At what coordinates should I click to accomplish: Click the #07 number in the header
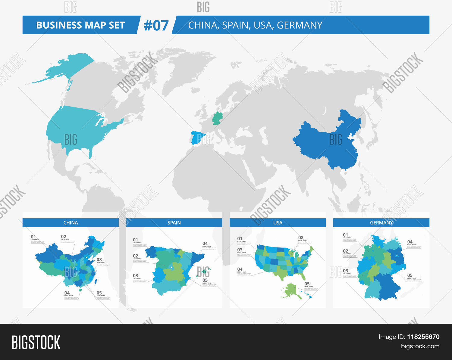tap(156, 25)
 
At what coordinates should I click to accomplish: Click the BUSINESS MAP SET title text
tap(80, 25)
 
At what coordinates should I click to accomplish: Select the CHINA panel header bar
tap(71, 223)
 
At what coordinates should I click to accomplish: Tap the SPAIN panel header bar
tap(174, 223)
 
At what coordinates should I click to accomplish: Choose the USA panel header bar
tap(278, 223)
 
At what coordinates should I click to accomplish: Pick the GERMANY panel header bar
tap(381, 223)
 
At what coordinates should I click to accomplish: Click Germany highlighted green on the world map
tap(217, 118)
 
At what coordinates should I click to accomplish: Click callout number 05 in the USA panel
tap(307, 284)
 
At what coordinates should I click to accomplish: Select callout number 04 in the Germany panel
tap(410, 242)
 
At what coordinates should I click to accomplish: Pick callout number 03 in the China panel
tap(99, 259)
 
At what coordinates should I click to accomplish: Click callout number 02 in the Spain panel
tap(136, 256)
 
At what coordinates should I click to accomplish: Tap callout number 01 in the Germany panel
tap(345, 235)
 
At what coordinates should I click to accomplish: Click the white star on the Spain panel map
tap(171, 267)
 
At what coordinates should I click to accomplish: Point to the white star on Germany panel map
tap(397, 256)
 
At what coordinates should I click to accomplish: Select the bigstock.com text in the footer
tap(420, 346)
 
